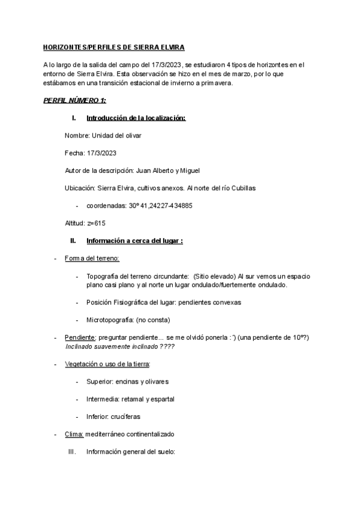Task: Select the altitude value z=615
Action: (x=93, y=223)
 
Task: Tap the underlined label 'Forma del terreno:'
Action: (x=91, y=258)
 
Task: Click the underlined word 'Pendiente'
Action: (x=79, y=338)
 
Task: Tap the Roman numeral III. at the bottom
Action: (x=72, y=451)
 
